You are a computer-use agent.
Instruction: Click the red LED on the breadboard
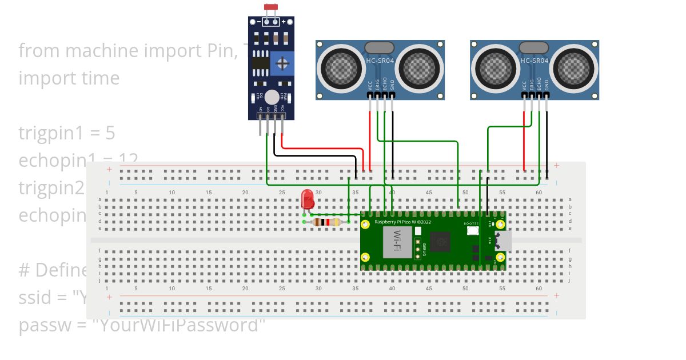(308, 199)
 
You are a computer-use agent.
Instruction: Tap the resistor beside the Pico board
(328, 222)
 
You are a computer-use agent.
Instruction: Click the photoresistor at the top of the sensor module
(270, 7)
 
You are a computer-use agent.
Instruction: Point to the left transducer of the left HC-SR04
(341, 66)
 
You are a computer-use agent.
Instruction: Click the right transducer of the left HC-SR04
(418, 66)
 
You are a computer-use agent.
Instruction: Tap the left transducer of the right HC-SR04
(496, 66)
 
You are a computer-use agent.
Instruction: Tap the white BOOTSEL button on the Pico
(473, 231)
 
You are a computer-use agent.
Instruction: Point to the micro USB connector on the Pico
(503, 241)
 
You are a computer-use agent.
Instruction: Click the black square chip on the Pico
(441, 242)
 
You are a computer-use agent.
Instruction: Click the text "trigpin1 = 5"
(67, 133)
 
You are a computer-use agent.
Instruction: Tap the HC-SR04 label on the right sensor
(535, 60)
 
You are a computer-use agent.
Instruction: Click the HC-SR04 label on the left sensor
(380, 60)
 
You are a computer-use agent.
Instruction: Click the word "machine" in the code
(101, 50)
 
